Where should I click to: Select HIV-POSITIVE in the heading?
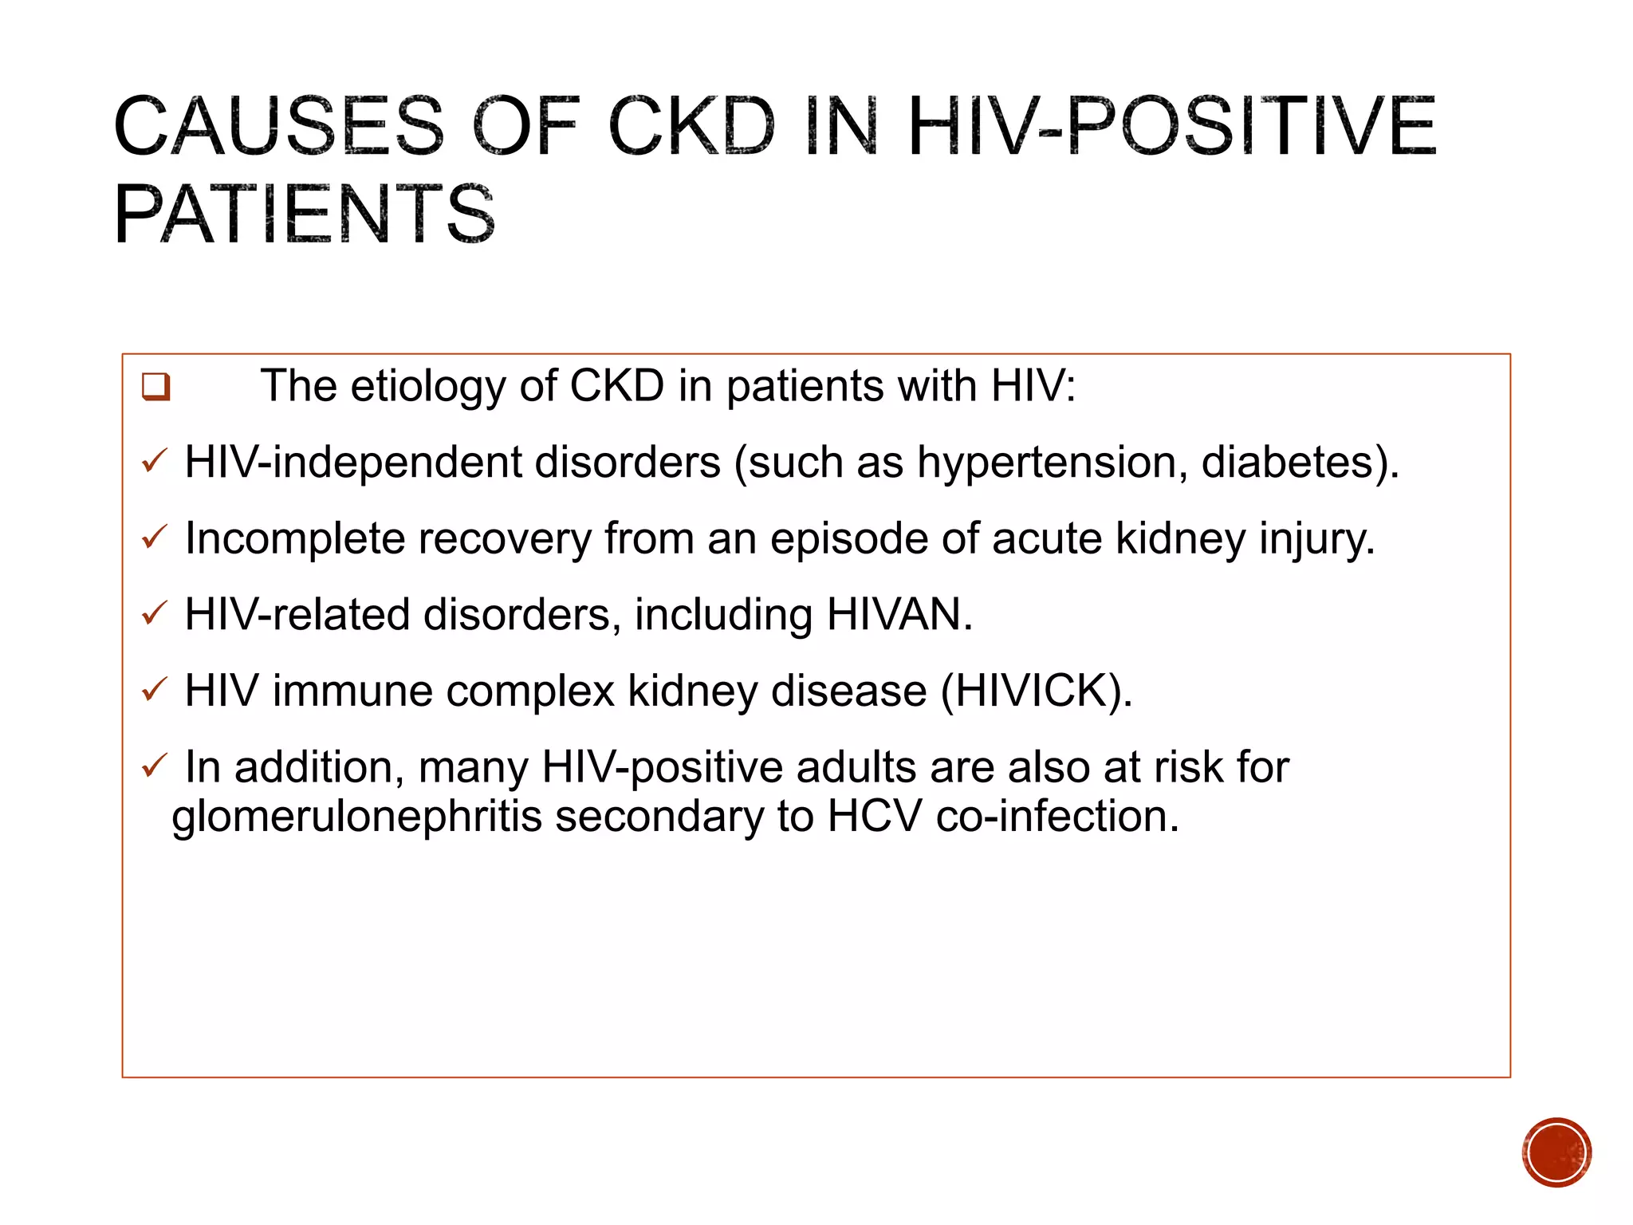(x=1171, y=126)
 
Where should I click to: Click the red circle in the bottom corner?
(x=1556, y=1152)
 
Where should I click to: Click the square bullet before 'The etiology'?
(x=155, y=387)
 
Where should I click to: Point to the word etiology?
(x=427, y=387)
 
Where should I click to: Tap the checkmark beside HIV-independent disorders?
(x=154, y=461)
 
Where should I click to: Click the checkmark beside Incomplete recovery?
(x=154, y=537)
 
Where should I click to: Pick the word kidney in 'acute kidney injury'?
(x=1179, y=538)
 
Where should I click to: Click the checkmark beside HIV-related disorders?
(x=154, y=612)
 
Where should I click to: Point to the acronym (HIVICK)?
(x=1036, y=691)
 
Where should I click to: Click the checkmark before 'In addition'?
(x=154, y=766)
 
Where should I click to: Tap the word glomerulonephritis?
(x=356, y=817)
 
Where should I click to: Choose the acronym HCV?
(x=874, y=817)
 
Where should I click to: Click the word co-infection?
(x=1057, y=817)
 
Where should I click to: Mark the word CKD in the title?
(x=691, y=126)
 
